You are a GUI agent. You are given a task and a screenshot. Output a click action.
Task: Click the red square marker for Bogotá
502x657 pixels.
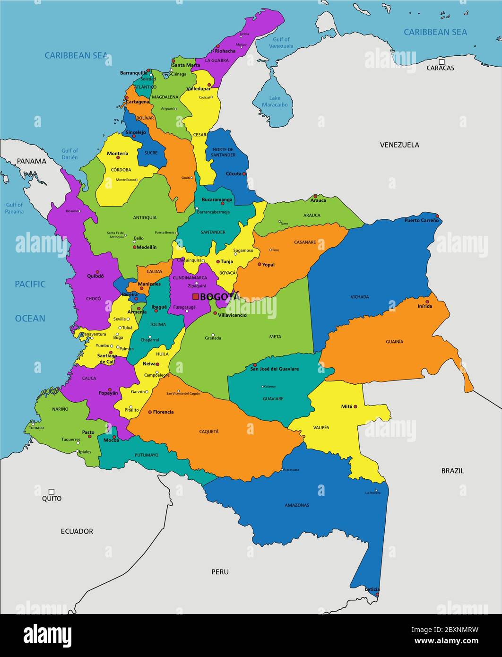pos(195,296)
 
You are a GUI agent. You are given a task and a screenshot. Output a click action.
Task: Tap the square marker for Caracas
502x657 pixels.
pos(441,61)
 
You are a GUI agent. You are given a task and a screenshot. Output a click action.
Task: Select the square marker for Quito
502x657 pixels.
pos(52,491)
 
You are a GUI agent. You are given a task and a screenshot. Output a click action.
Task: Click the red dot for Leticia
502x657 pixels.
pos(377,595)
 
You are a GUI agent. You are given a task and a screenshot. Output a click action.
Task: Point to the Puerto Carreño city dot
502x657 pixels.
pos(437,216)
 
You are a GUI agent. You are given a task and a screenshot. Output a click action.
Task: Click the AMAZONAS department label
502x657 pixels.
pos(297,505)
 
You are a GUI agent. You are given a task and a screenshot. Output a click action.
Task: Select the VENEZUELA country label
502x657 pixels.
pos(399,145)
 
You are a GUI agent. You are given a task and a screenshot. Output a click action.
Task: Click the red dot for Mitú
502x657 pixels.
pos(355,406)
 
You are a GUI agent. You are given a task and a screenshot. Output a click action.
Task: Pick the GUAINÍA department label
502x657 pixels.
pos(394,341)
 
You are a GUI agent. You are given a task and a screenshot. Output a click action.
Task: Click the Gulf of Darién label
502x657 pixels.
pos(69,154)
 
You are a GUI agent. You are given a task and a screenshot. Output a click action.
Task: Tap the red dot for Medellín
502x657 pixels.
pos(134,247)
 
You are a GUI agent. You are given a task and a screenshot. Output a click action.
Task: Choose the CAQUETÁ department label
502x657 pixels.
pos(208,432)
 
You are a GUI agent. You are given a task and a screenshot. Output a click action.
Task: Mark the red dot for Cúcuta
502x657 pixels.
pos(244,173)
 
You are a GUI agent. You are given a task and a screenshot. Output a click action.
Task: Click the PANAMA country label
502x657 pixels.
pos(32,161)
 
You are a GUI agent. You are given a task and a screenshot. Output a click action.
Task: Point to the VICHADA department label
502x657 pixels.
pos(360,297)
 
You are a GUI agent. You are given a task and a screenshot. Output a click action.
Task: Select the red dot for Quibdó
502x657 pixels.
pos(97,272)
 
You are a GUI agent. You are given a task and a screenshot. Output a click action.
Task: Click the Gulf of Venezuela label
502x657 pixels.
pos(281,43)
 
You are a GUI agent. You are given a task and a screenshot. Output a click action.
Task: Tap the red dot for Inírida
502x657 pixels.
pos(427,301)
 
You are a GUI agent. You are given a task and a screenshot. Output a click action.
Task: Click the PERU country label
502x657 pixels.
pos(220,572)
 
